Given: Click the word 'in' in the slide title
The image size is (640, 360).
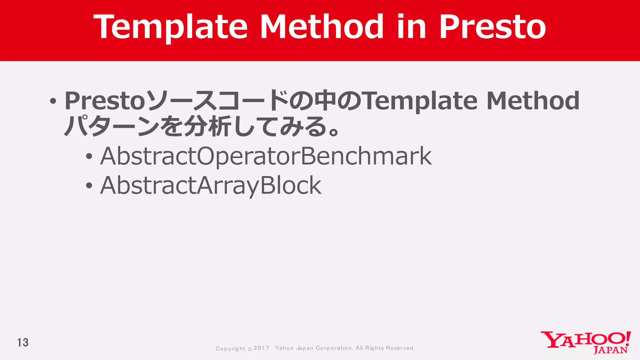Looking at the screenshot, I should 412,27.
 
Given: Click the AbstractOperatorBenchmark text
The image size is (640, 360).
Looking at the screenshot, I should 266,156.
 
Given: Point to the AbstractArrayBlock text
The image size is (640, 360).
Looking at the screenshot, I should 210,185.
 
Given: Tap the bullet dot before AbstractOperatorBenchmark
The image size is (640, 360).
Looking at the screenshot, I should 89,157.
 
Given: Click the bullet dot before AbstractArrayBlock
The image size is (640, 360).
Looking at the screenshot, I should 89,186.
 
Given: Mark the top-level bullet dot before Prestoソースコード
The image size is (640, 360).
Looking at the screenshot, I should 53,101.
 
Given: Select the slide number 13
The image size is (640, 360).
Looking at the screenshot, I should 23,342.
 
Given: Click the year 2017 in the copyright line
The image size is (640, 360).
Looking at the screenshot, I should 261,348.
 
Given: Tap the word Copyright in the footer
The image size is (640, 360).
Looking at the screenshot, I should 231,348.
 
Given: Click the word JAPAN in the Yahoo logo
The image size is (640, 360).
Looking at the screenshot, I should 610,350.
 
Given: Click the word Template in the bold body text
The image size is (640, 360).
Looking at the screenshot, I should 420,101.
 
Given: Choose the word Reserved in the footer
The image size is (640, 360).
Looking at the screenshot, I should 400,348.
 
